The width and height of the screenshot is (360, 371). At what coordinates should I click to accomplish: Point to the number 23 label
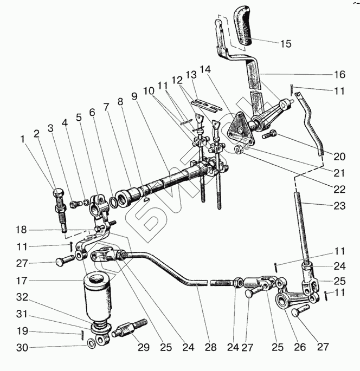click(x=339, y=205)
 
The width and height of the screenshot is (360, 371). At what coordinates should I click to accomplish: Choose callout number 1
click(x=23, y=139)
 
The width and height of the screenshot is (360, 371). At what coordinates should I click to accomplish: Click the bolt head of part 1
click(x=59, y=193)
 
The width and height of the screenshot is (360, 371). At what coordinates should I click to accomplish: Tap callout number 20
click(x=339, y=157)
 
